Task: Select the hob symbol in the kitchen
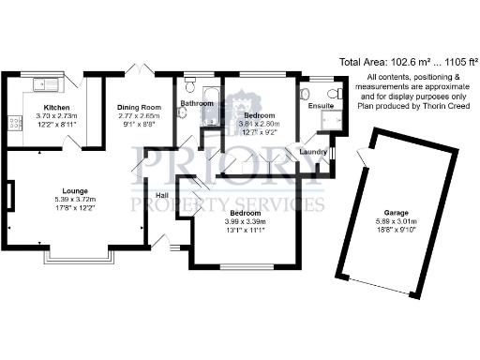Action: [15, 122]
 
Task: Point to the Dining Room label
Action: [139, 108]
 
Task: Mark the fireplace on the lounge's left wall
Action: [8, 198]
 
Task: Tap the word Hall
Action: [161, 195]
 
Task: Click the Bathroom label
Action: [198, 103]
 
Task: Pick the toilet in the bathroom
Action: [182, 112]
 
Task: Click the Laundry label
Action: [312, 151]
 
